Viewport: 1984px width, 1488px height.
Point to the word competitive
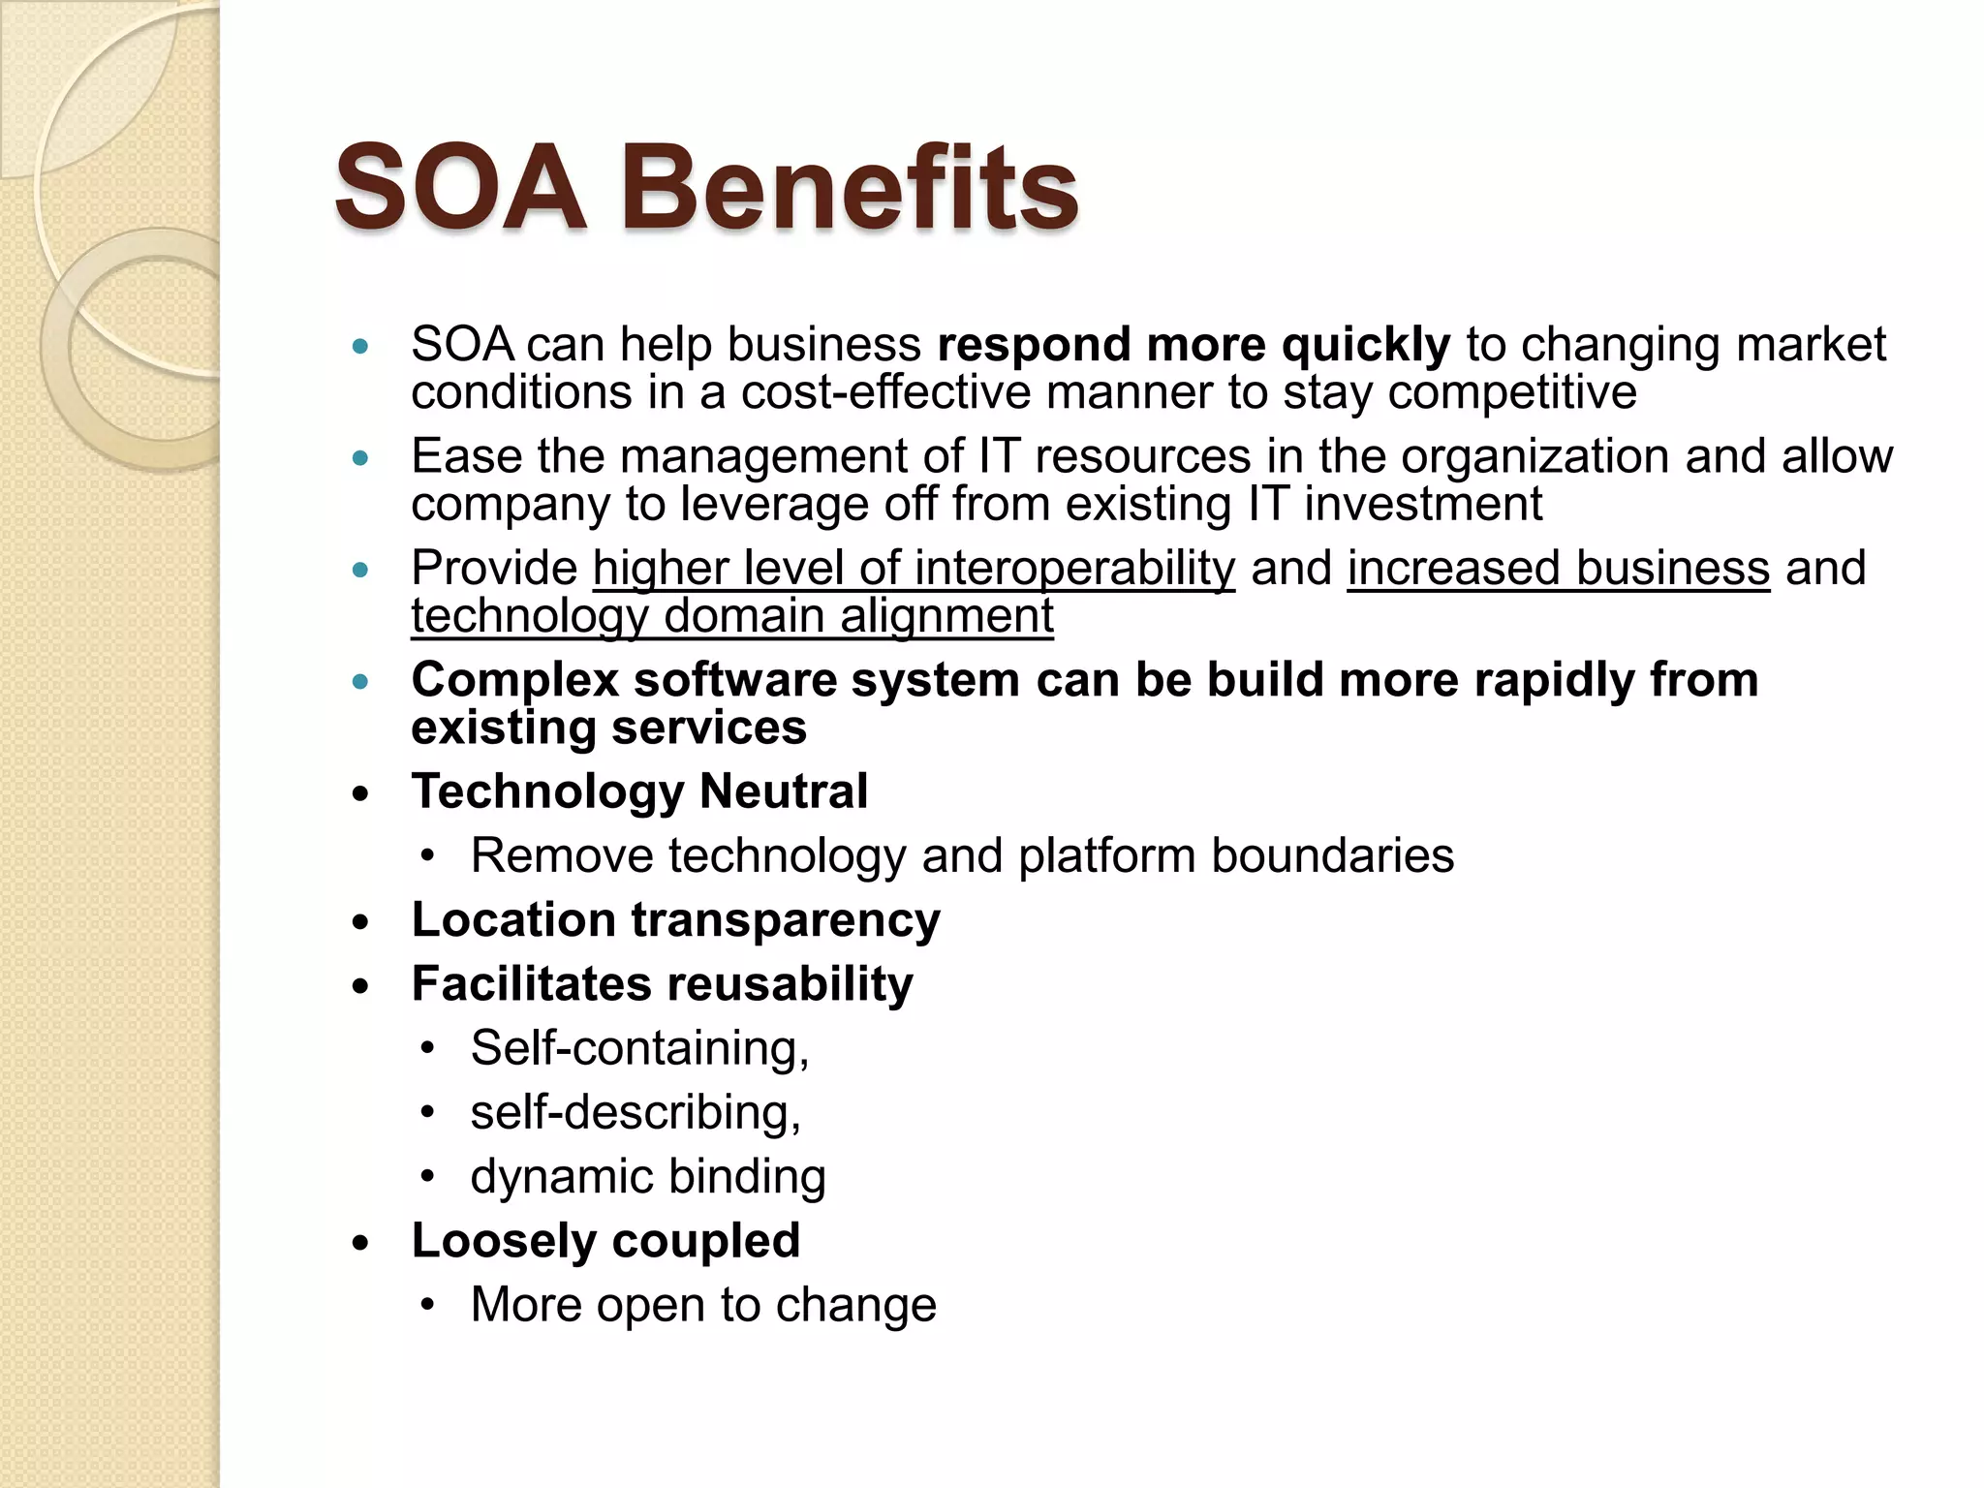(x=1512, y=392)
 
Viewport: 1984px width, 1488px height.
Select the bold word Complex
(x=514, y=680)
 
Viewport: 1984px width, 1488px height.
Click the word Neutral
(x=783, y=791)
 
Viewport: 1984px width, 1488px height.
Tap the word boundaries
(x=1332, y=856)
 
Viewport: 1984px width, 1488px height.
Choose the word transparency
(x=786, y=920)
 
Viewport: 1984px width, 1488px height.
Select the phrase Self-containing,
(x=639, y=1048)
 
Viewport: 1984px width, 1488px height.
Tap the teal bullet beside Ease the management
(x=361, y=457)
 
